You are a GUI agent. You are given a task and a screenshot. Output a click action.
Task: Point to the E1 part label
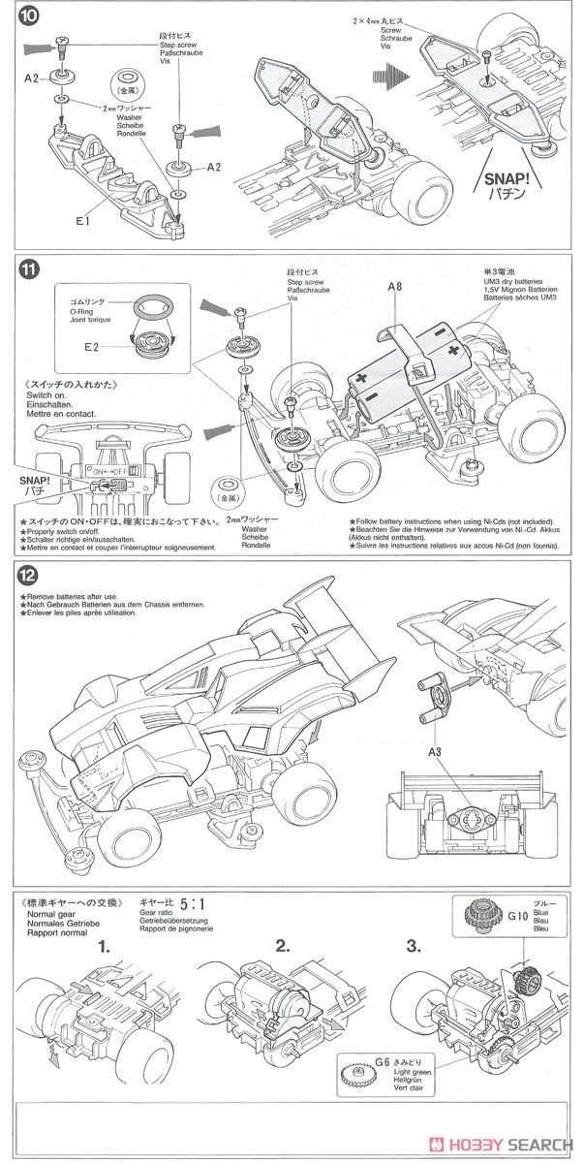pyautogui.click(x=81, y=221)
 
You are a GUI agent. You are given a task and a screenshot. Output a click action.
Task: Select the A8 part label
pyautogui.click(x=394, y=288)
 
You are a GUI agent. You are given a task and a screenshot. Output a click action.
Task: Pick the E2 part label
pyautogui.click(x=93, y=346)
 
